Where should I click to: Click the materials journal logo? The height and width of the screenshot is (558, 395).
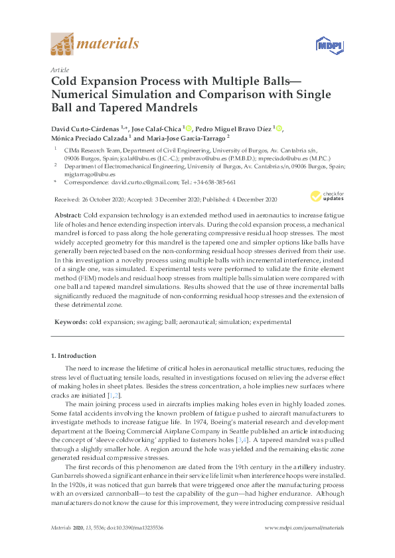pos(94,45)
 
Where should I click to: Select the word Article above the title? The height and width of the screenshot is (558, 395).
pos(60,69)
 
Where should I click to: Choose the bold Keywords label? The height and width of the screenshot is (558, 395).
pos(70,321)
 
